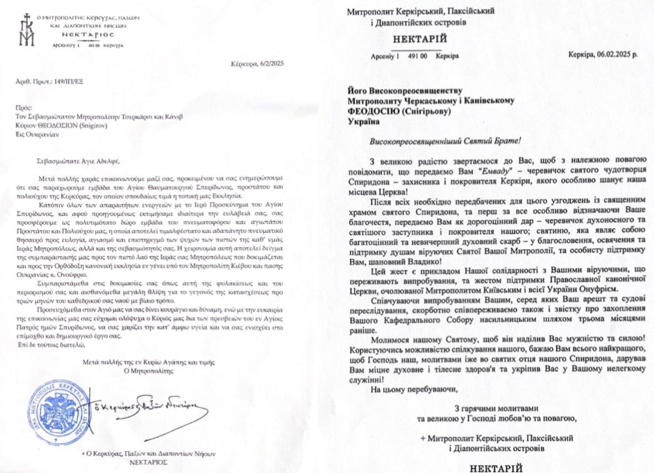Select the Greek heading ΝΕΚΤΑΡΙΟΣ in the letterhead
pyautogui.click(x=87, y=36)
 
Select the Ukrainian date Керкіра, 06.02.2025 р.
pyautogui.click(x=602, y=56)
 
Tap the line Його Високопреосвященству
pyautogui.click(x=409, y=90)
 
